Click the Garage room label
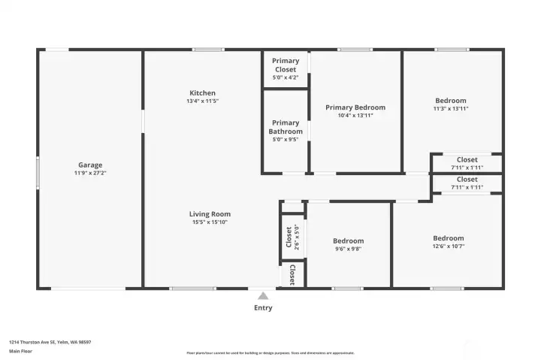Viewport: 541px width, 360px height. click(90, 165)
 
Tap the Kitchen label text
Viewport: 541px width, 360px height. click(202, 93)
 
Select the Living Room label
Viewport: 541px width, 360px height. click(210, 214)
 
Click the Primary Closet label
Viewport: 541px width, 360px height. click(286, 65)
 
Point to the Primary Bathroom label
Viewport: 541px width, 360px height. click(286, 127)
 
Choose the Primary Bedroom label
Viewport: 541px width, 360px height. click(355, 107)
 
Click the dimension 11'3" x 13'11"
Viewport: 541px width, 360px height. click(450, 109)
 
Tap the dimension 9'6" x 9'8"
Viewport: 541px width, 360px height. click(348, 249)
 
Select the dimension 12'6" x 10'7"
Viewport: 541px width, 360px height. click(448, 246)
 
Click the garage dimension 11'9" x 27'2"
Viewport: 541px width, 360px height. click(90, 173)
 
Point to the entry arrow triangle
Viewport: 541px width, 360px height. click(262, 296)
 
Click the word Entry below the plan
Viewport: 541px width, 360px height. click(263, 307)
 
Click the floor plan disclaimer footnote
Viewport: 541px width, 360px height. click(270, 352)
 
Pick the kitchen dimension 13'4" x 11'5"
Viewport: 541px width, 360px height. click(202, 101)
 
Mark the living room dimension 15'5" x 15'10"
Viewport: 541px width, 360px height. click(210, 222)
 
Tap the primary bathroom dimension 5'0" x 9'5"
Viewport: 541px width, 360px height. click(286, 140)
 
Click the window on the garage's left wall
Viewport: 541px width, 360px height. click(38, 172)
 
